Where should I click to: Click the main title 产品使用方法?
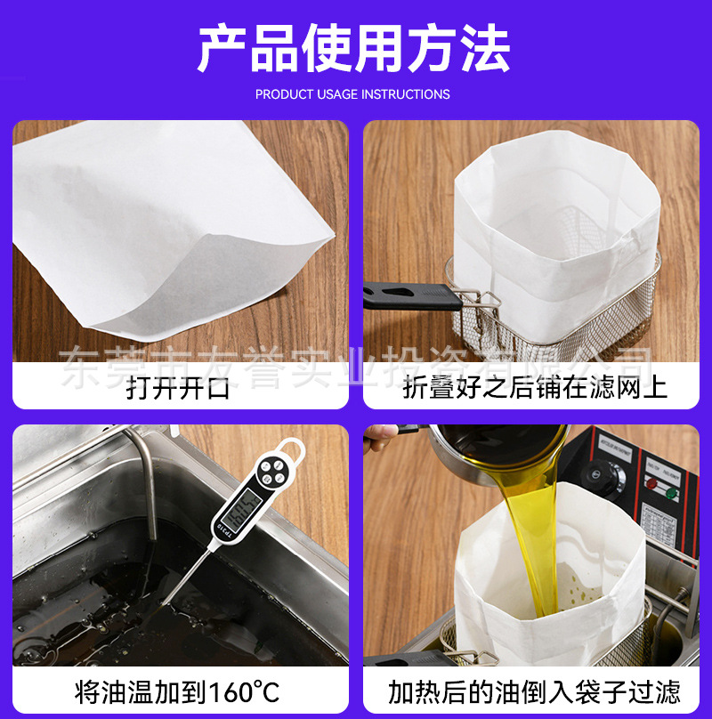pyautogui.click(x=353, y=49)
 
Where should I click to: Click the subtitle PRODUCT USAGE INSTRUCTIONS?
pyautogui.click(x=352, y=94)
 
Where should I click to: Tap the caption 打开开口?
pyautogui.click(x=178, y=388)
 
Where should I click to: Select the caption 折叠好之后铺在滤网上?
pyautogui.click(x=535, y=388)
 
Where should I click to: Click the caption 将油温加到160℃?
pyautogui.click(x=178, y=691)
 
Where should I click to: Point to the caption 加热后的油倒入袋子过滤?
pyautogui.click(x=534, y=691)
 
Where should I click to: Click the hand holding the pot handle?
pyautogui.click(x=381, y=435)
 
